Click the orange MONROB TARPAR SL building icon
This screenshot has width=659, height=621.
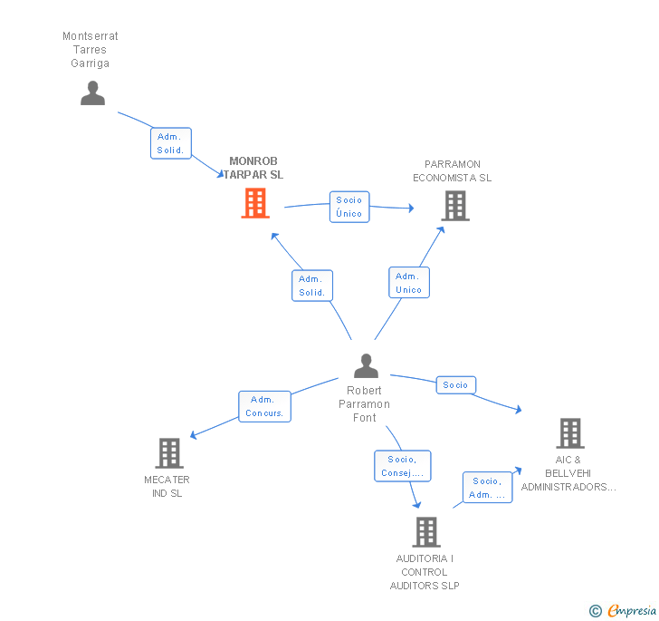(x=255, y=203)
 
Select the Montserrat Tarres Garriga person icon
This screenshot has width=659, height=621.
(x=92, y=93)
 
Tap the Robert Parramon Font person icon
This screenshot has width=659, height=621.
(x=366, y=366)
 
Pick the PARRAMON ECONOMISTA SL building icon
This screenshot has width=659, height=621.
(x=454, y=206)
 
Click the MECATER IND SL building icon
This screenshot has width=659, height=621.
(x=169, y=453)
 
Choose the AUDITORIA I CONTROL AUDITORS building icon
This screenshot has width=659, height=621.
(x=426, y=532)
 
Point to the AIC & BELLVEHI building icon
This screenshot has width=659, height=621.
(x=570, y=433)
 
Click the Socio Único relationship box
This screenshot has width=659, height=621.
(x=349, y=207)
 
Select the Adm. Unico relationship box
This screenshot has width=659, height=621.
(x=408, y=283)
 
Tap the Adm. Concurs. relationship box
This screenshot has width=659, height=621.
(x=264, y=406)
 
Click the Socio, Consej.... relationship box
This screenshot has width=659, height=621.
(x=403, y=466)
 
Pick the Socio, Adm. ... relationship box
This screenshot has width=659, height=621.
(x=487, y=488)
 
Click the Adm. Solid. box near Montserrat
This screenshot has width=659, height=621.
(x=170, y=143)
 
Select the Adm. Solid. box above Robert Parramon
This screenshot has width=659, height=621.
(x=311, y=286)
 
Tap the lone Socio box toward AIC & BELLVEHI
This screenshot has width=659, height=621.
(x=455, y=385)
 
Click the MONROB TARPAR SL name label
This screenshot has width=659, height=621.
(x=256, y=169)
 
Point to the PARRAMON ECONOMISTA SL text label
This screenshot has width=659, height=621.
(x=452, y=171)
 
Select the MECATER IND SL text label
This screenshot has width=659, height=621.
(x=167, y=486)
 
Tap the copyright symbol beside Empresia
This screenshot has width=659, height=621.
(x=595, y=611)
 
